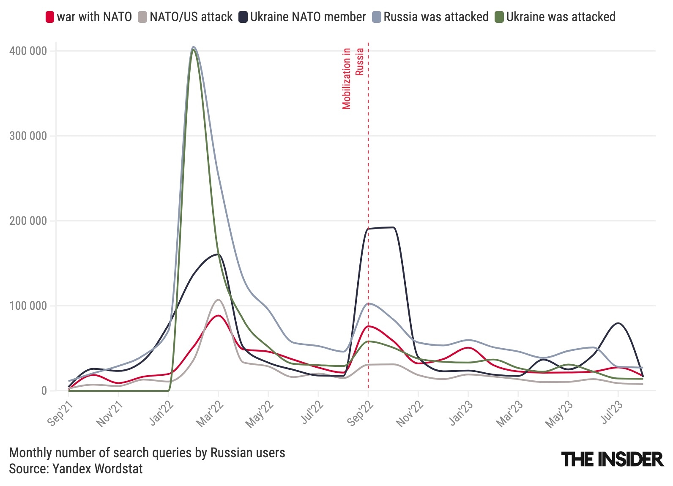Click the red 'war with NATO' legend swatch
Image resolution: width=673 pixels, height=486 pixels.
[50, 17]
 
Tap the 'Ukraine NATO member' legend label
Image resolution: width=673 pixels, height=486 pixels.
[308, 17]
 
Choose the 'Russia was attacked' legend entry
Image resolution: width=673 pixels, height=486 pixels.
[436, 17]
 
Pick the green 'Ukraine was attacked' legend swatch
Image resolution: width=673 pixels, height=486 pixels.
[499, 17]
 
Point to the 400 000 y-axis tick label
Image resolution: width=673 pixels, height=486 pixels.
[28, 51]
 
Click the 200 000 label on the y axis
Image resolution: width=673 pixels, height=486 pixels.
[28, 221]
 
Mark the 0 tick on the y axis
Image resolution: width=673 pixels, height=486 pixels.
[44, 391]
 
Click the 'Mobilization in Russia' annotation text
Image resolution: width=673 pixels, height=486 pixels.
[353, 78]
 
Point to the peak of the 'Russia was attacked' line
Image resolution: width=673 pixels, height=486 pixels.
[193, 47]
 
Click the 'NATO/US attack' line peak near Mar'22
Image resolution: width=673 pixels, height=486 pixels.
[218, 300]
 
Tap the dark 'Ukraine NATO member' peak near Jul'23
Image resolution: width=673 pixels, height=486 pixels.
[618, 323]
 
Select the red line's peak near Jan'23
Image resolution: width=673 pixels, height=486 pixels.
[468, 348]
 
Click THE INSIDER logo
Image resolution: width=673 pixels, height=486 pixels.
[612, 459]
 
